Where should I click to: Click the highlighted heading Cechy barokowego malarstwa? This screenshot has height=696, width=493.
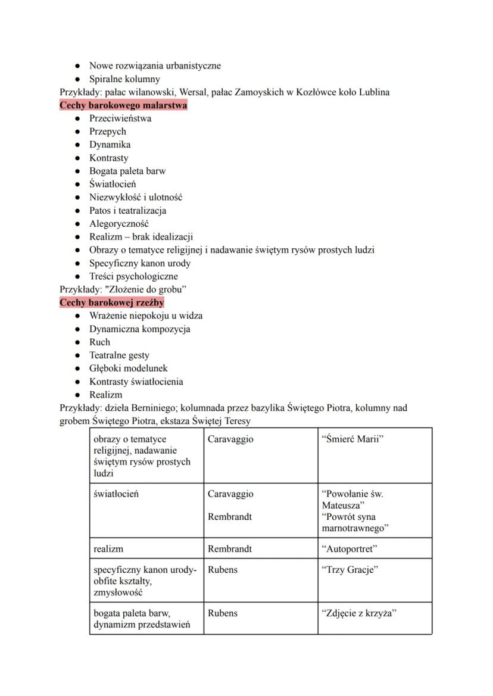[x=123, y=105]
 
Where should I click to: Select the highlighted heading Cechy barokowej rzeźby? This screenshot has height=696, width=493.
[x=112, y=302]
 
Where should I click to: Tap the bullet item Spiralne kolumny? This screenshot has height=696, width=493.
[x=124, y=79]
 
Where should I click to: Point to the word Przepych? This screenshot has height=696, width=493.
[x=108, y=132]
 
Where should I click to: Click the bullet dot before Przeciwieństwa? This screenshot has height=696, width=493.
[x=78, y=118]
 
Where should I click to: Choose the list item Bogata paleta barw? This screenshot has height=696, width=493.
[x=127, y=171]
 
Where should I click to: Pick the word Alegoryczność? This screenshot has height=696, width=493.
[x=119, y=224]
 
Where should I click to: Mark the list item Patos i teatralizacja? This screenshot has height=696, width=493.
[x=127, y=210]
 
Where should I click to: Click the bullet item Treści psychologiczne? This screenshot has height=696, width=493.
[x=133, y=276]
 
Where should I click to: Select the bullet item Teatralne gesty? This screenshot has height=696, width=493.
[x=119, y=355]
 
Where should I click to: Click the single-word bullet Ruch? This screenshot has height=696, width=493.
[x=99, y=342]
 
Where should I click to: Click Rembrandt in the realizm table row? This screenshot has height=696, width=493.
[x=229, y=548]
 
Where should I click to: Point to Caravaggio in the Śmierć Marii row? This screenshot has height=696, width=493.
[x=230, y=439]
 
